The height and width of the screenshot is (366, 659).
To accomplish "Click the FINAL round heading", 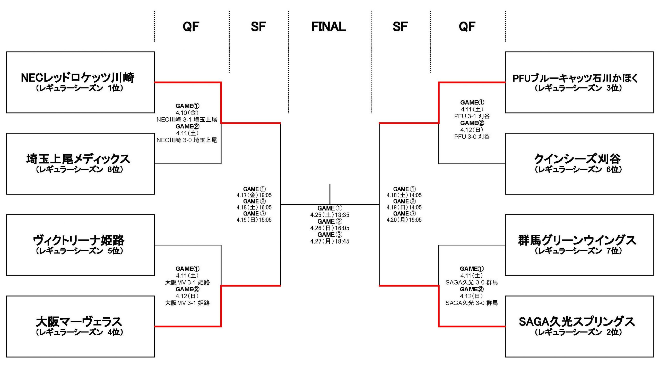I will (328, 27).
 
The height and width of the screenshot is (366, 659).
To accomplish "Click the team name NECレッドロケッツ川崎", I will (77, 77).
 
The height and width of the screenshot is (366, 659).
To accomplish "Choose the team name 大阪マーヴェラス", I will (79, 321).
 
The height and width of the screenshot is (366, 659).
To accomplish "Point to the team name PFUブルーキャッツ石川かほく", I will (576, 78).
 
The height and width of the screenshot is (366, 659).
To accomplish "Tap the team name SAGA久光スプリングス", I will (577, 321).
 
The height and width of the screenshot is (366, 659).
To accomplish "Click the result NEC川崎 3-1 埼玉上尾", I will (187, 119).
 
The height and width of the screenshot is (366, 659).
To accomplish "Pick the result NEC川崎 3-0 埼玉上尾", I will (187, 140).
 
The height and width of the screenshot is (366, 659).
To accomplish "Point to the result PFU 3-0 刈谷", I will (472, 137).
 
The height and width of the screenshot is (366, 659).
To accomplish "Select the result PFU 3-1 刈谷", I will (472, 116).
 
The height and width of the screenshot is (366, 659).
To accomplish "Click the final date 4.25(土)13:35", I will (330, 215).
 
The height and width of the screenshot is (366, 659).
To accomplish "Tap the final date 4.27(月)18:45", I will (330, 241).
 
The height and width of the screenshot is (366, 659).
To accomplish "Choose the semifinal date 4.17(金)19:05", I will (254, 195).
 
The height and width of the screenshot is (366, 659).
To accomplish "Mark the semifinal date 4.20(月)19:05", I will (404, 220).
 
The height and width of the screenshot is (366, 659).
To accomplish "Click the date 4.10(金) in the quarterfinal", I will (187, 113).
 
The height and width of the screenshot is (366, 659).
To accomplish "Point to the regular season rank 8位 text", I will (115, 169).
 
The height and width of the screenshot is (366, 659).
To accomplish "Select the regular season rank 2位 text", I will (614, 332).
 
